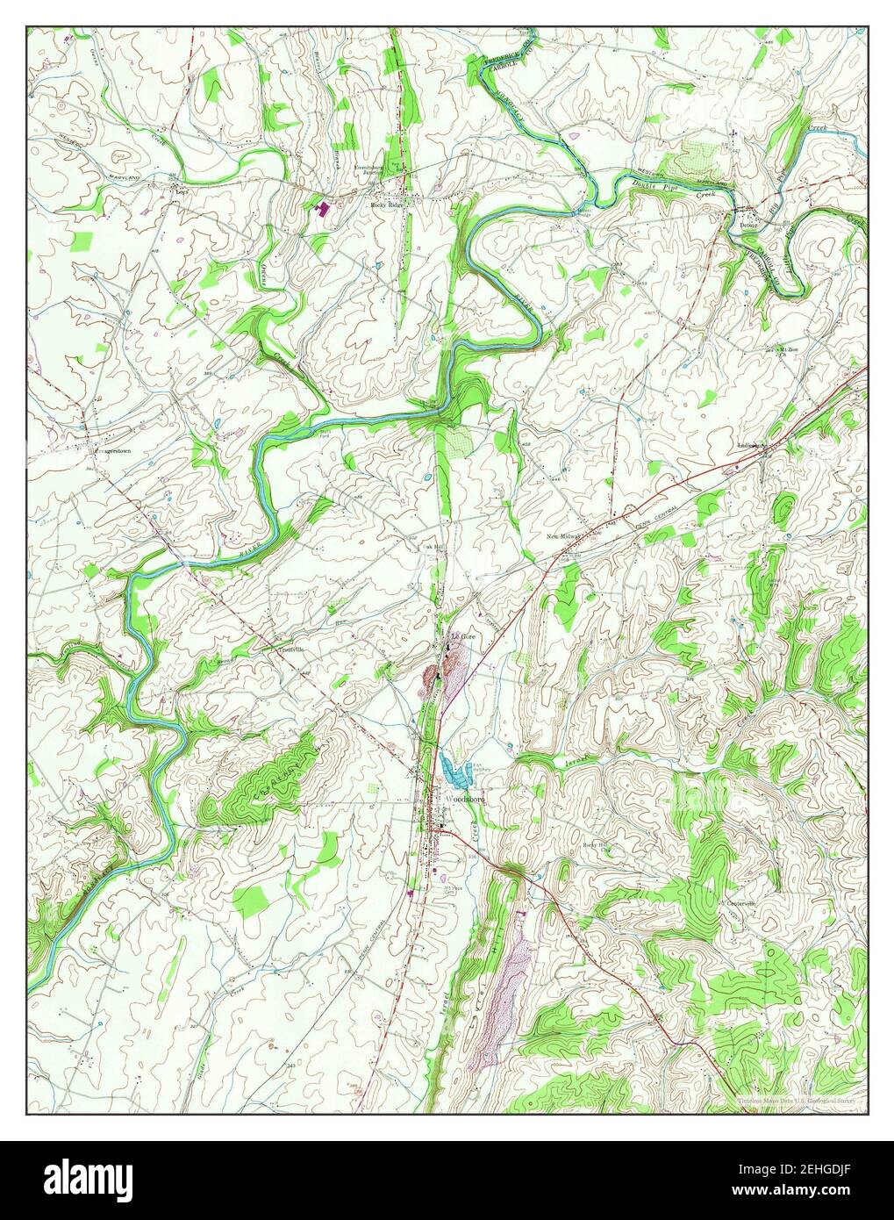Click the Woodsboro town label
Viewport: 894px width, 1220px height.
pyautogui.click(x=464, y=800)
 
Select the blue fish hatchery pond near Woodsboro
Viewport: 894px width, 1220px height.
pyautogui.click(x=455, y=773)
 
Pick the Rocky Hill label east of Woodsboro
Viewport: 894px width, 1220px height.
pyautogui.click(x=596, y=845)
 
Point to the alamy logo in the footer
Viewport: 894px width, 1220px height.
pyautogui.click(x=88, y=1179)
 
